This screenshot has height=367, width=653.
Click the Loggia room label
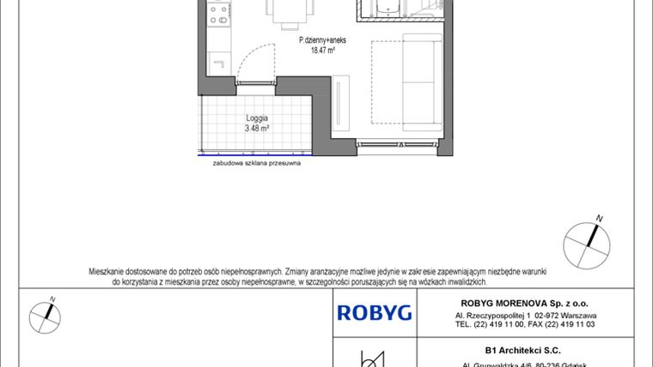pos(257,117)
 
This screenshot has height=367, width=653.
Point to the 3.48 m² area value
pos(257,128)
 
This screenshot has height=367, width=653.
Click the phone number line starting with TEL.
pos(526,325)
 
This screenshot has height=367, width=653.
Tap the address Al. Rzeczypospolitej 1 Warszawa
pos(526,315)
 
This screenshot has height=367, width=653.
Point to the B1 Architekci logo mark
pos(372,358)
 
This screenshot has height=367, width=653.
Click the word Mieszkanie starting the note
pos(109,271)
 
